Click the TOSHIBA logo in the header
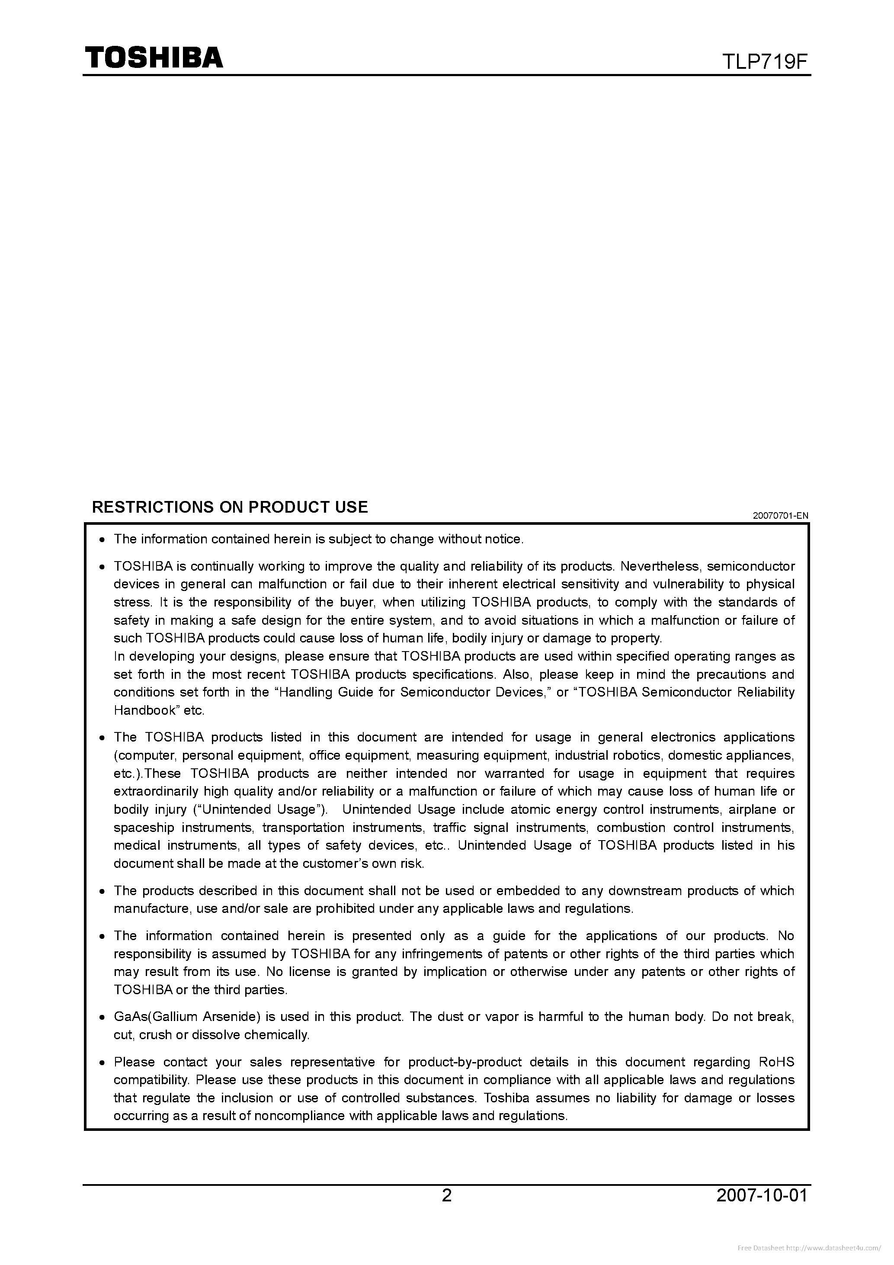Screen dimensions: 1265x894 click(153, 57)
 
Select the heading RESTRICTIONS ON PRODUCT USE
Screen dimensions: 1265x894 click(230, 507)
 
